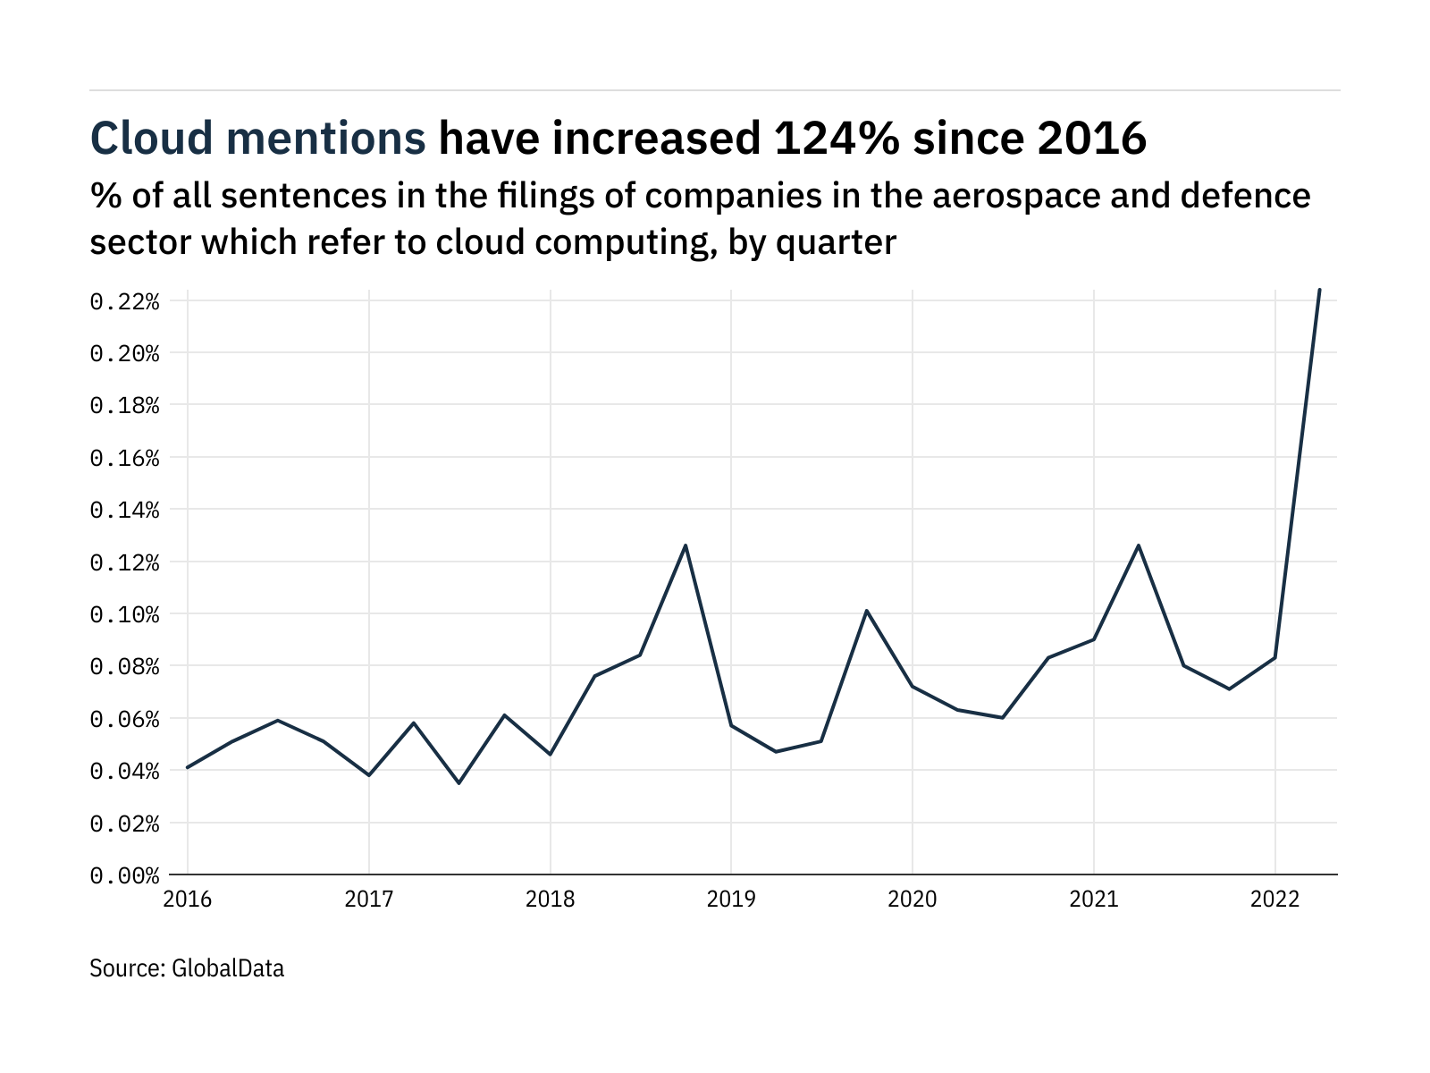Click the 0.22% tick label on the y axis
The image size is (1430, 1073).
click(124, 301)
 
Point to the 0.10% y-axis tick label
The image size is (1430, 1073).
click(124, 614)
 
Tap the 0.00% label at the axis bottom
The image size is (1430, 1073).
click(124, 875)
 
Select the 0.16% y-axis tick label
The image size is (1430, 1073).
click(124, 458)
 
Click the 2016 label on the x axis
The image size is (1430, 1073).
click(188, 899)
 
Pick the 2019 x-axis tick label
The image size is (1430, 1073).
click(731, 899)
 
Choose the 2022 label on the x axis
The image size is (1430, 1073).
click(1274, 899)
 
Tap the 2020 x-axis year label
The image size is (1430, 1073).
click(913, 899)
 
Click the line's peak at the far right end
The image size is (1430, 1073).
click(1319, 290)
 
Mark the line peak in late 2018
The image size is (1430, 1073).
click(686, 545)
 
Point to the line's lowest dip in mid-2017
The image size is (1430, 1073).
click(459, 783)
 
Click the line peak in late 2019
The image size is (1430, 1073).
click(867, 611)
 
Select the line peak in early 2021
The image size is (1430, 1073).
click(1139, 545)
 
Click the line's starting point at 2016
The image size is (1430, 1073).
click(188, 767)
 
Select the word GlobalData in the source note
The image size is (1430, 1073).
click(227, 968)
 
